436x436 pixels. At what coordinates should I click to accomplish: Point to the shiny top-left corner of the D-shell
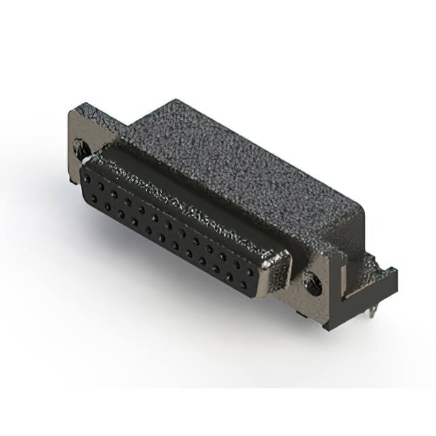(92, 159)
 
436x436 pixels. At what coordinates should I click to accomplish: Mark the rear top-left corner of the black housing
(176, 102)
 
